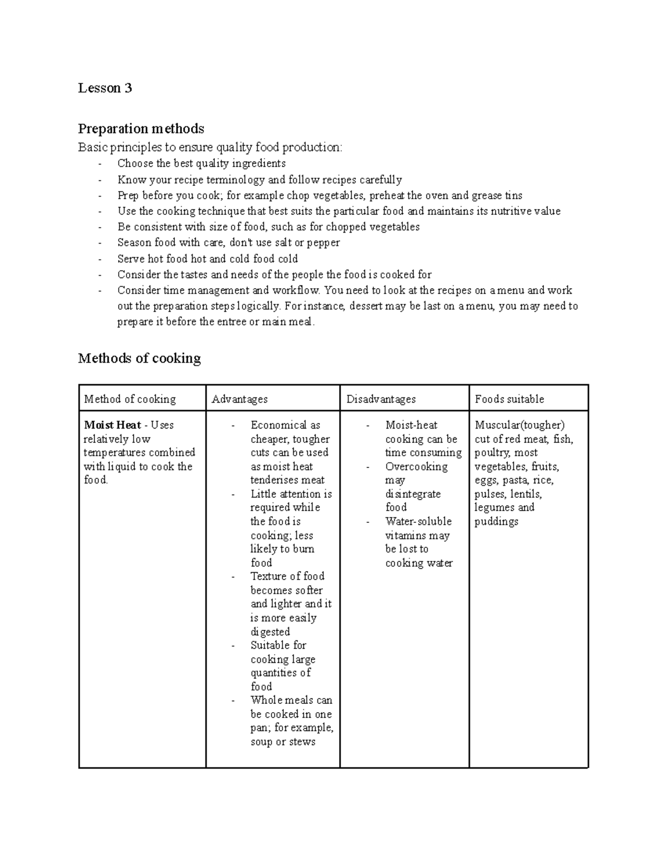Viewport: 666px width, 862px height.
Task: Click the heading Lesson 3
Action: click(105, 88)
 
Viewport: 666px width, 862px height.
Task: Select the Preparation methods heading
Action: click(141, 129)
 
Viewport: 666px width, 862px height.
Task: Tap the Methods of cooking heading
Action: click(139, 359)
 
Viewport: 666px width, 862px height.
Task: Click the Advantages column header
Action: click(239, 399)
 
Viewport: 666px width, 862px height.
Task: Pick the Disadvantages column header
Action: click(381, 399)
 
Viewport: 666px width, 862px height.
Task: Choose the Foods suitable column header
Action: click(509, 399)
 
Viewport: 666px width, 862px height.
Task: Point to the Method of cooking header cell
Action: click(129, 399)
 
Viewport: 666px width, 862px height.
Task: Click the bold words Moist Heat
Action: click(112, 425)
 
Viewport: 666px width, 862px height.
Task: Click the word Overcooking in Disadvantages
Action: click(416, 466)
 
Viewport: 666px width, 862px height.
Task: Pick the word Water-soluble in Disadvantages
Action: click(418, 521)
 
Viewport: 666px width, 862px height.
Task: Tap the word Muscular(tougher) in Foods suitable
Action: click(519, 425)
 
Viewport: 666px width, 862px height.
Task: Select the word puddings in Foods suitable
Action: click(496, 521)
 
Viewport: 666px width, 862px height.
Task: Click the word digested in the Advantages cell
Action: click(270, 632)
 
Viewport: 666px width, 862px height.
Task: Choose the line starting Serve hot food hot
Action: click(208, 259)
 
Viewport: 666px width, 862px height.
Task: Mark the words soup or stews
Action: click(282, 742)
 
